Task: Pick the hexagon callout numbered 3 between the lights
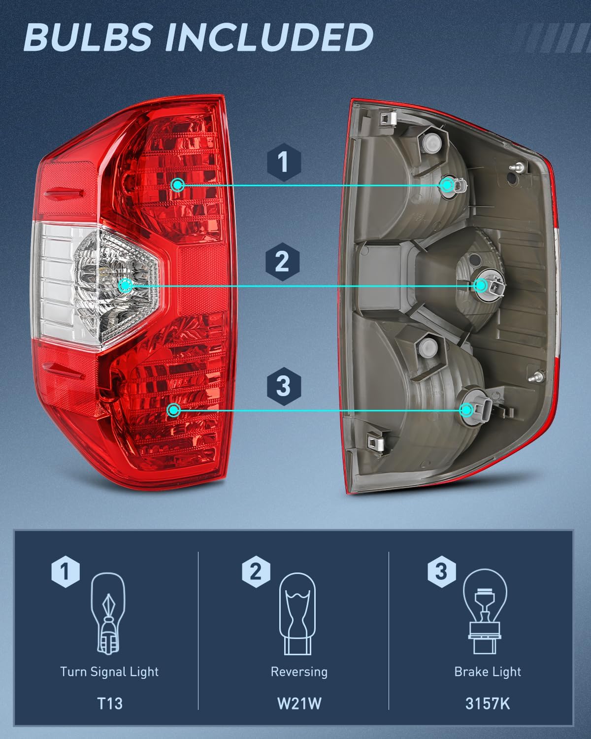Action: click(283, 385)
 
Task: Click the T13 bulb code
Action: click(109, 703)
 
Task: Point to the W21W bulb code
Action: click(299, 703)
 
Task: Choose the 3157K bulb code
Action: click(487, 703)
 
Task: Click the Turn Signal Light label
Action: click(109, 672)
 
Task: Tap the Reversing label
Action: click(299, 672)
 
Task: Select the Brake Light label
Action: click(487, 672)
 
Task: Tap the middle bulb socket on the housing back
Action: click(482, 285)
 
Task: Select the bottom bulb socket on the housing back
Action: click(467, 410)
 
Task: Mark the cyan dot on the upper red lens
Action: click(178, 185)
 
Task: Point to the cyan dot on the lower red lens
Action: click(173, 410)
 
